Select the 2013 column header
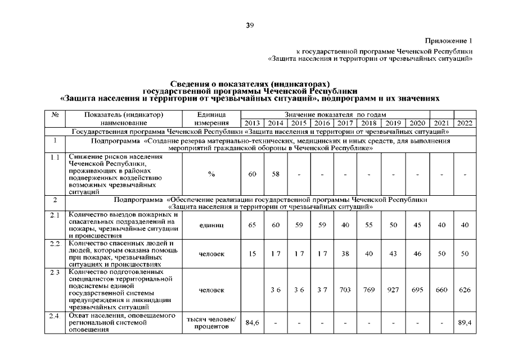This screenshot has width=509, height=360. pos(252,123)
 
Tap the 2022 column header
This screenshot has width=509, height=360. pos(465,123)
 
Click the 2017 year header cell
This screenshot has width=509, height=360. pos(345,123)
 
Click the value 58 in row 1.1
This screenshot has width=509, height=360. pos(276,174)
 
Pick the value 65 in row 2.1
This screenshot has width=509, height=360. pos(252,225)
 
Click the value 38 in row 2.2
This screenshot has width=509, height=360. pos(345,254)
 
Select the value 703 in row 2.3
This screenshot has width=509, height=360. pos(345,290)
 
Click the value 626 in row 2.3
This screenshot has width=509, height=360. pos(465,290)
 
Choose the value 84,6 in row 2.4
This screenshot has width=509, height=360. pos(252,323)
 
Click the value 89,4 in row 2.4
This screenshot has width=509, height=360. pos(465,323)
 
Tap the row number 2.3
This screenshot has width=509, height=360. pos(55,272)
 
